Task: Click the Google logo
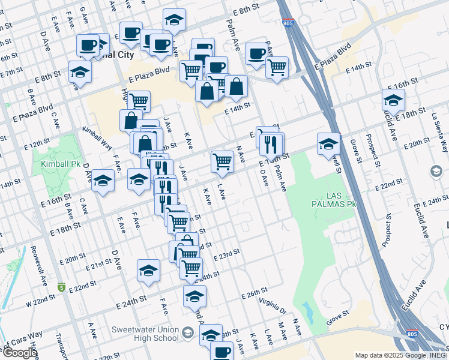19,353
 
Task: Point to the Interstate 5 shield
61,287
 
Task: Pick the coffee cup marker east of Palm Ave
256,53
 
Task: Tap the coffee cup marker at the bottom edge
221,350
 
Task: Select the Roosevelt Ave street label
35,260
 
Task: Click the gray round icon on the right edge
436,172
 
